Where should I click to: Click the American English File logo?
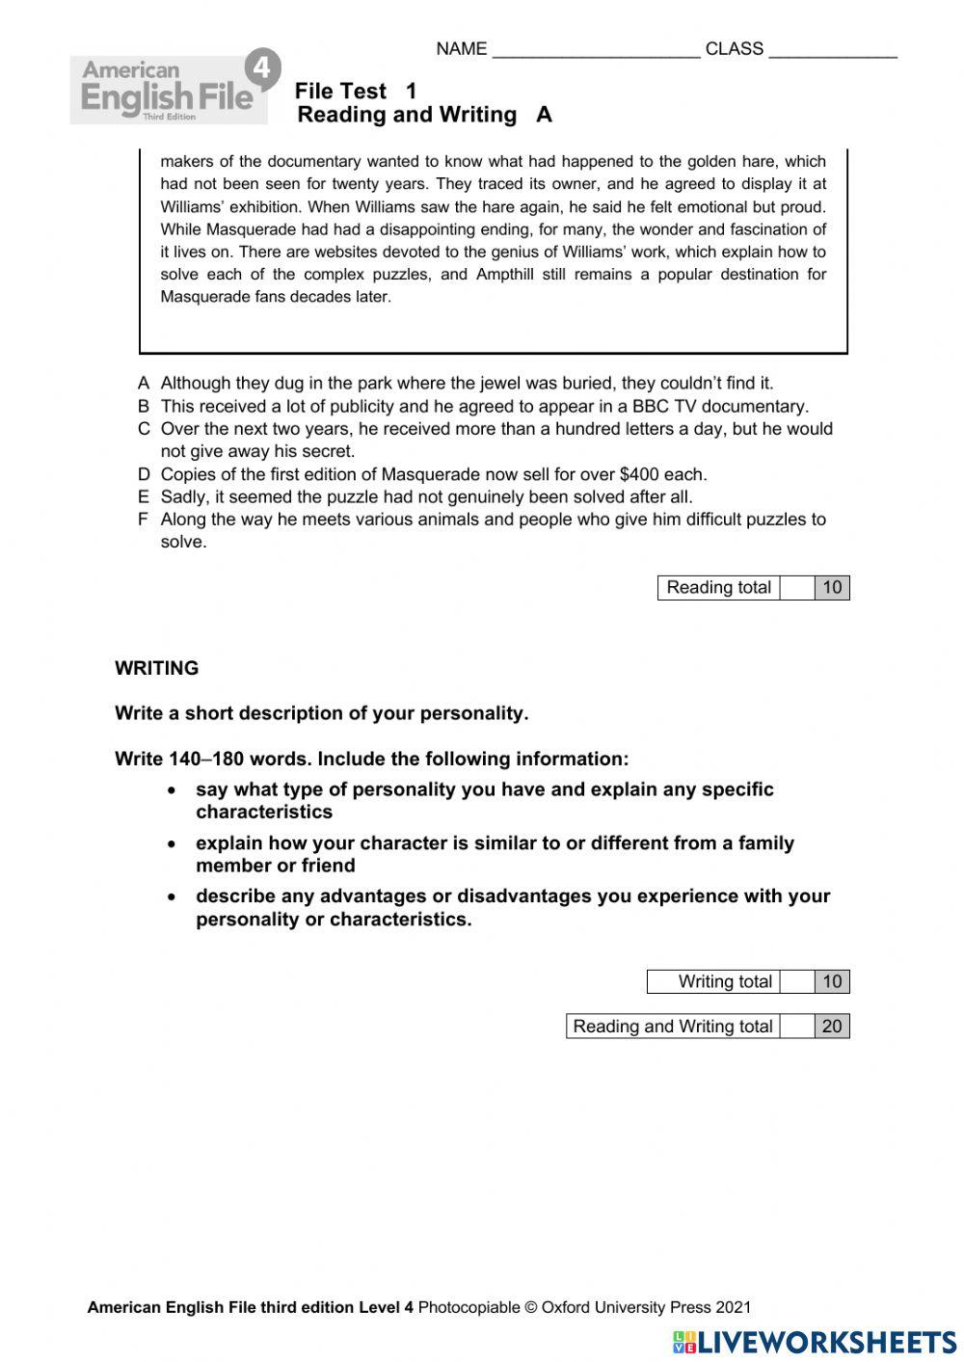point(169,90)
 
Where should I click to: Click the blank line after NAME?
point(595,50)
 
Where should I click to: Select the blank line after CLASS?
point(832,50)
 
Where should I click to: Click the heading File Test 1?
point(356,92)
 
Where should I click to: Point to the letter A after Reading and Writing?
point(544,115)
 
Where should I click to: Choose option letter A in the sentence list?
point(144,384)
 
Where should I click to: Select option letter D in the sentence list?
point(144,474)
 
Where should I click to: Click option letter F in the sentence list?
point(144,520)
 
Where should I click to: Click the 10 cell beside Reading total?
point(832,588)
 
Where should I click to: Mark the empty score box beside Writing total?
point(797,981)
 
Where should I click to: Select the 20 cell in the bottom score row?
point(832,1027)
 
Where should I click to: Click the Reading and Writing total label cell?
point(672,1027)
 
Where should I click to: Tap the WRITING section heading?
point(156,668)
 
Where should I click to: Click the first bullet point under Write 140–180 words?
point(172,789)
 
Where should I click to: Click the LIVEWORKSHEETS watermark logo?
point(815,1342)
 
